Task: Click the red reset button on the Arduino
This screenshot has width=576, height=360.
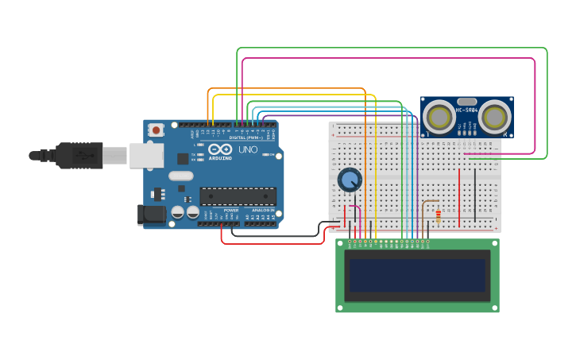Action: coord(157,130)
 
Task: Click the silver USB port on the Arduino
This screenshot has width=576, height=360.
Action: coord(146,155)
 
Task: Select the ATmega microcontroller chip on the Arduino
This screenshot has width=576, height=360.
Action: coord(238,196)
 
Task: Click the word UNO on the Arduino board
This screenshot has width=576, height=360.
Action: coord(248,149)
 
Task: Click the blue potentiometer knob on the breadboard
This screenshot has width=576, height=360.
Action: coord(350,180)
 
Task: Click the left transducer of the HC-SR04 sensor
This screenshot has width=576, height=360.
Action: coord(439,117)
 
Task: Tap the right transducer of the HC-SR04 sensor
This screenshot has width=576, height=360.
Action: coord(494,117)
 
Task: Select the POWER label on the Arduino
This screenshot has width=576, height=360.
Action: coord(230,210)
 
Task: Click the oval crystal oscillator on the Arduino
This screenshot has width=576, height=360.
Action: coord(180,176)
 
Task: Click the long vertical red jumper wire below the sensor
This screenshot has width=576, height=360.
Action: coord(459,196)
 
